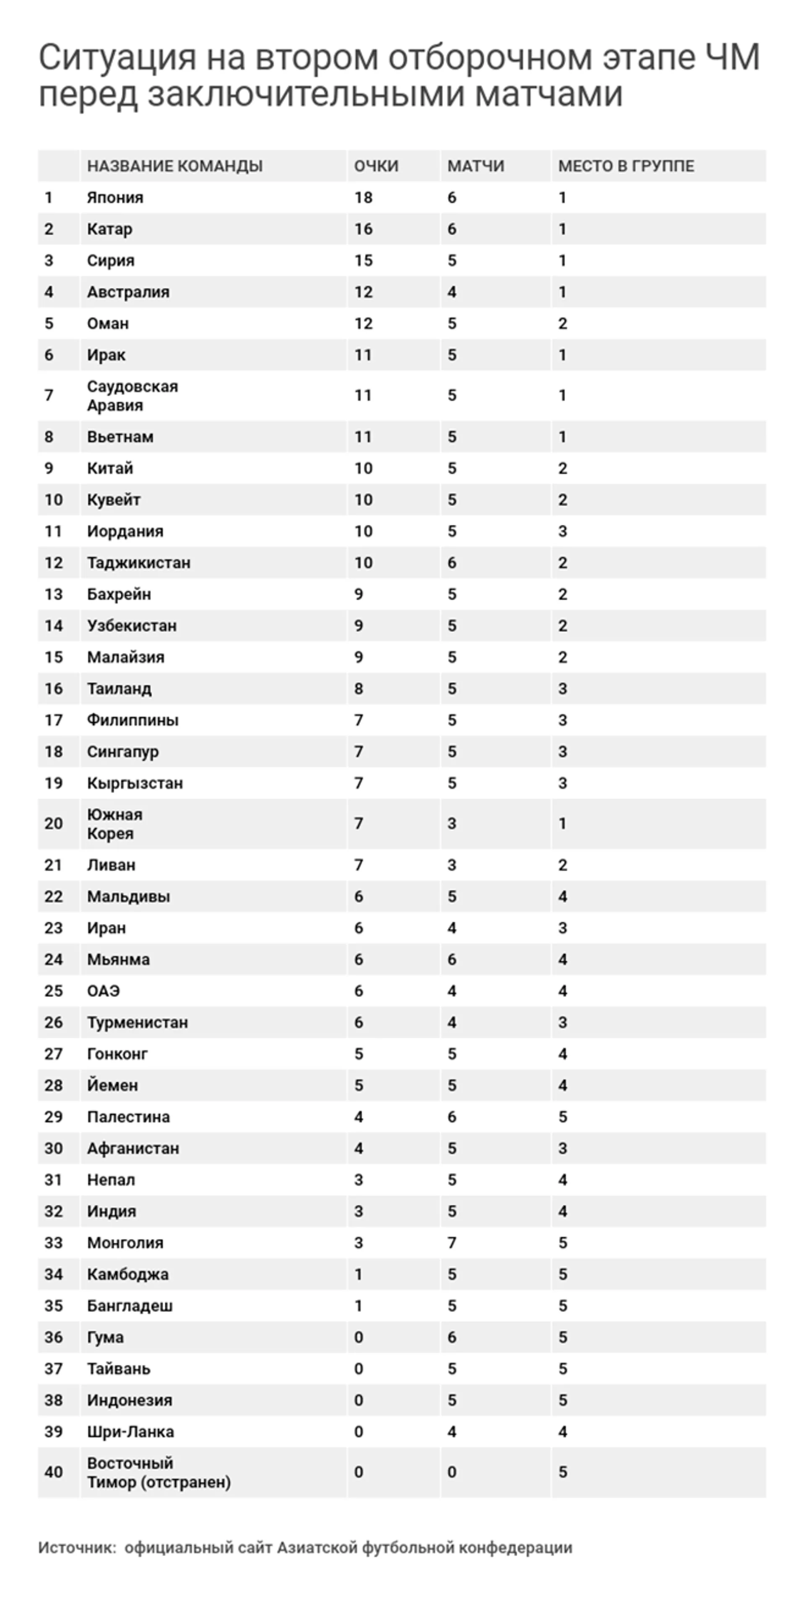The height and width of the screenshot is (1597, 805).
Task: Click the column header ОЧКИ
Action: click(376, 166)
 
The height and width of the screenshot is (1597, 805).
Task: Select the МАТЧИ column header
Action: click(476, 166)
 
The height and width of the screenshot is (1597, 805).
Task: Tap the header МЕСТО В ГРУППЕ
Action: click(626, 166)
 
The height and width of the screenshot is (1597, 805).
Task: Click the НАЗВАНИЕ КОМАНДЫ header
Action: click(175, 166)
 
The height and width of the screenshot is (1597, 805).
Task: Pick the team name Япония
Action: click(115, 198)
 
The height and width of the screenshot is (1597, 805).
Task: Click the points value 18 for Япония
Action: click(364, 198)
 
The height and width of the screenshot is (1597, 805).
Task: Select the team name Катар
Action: click(110, 229)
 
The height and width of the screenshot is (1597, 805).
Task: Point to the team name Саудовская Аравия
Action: click(132, 396)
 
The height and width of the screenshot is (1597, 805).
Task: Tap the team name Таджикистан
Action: click(139, 563)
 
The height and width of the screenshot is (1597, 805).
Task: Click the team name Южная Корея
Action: click(115, 824)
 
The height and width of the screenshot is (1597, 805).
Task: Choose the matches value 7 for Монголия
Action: click(452, 1243)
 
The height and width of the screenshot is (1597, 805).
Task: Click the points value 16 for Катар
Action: click(364, 229)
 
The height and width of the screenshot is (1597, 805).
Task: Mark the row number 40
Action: click(53, 1473)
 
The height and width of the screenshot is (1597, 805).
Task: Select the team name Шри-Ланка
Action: click(130, 1432)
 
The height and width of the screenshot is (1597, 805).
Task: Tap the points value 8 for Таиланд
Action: click(358, 689)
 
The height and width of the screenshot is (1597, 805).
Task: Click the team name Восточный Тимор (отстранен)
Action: click(159, 1473)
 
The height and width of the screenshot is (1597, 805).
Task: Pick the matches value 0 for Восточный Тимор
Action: click(452, 1473)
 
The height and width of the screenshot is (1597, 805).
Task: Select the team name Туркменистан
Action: click(137, 1023)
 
